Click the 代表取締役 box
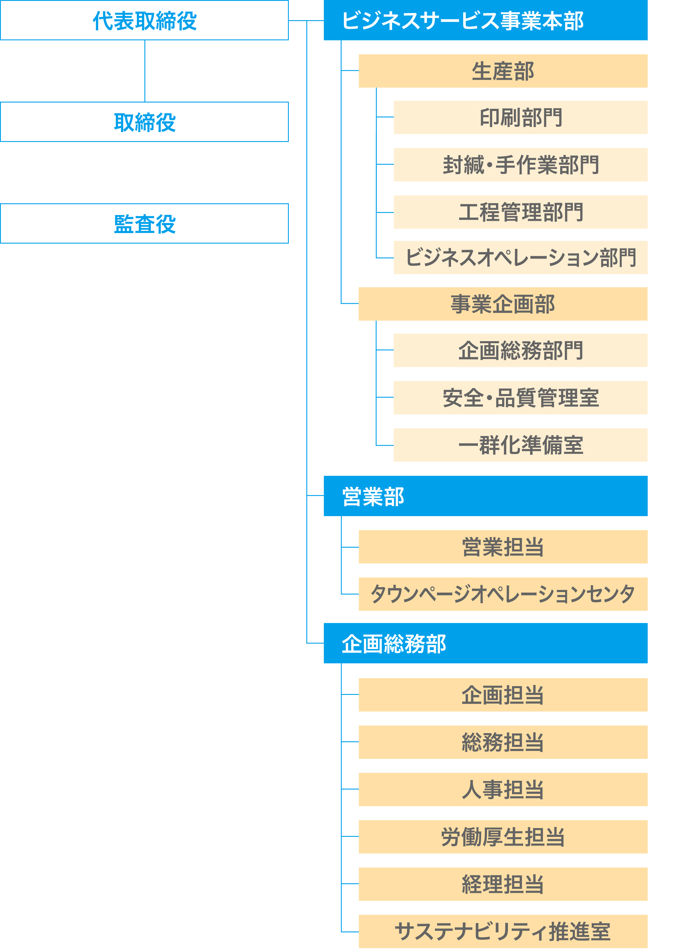pyautogui.click(x=144, y=20)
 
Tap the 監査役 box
pyautogui.click(x=144, y=224)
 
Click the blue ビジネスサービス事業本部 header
pyautogui.click(x=485, y=20)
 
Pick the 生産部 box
pyautogui.click(x=503, y=71)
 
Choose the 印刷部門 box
pyautogui.click(x=520, y=117)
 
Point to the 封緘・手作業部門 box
pyautogui.click(x=520, y=165)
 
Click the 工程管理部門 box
pyautogui.click(x=520, y=212)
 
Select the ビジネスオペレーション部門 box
pyautogui.click(x=520, y=258)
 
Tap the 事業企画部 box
pyautogui.click(x=503, y=304)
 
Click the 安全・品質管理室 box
pyautogui.click(x=520, y=398)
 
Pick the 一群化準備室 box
pyautogui.click(x=520, y=445)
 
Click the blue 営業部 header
pyautogui.click(x=485, y=496)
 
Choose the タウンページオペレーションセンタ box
pyautogui.click(x=503, y=594)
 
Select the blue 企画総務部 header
pyautogui.click(x=485, y=643)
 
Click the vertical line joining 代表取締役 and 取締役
pyautogui.click(x=145, y=71)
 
